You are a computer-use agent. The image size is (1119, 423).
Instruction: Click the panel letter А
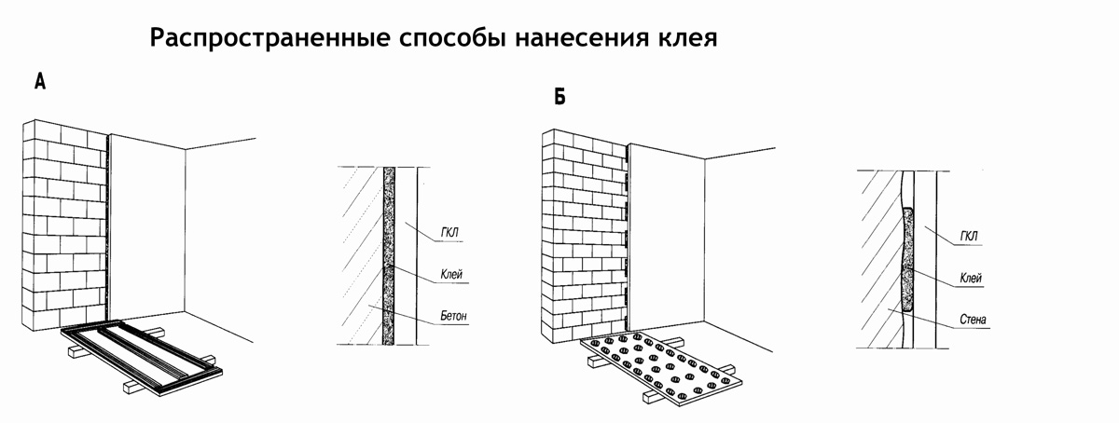pyautogui.click(x=40, y=83)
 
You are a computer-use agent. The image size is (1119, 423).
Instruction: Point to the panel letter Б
pyautogui.click(x=559, y=96)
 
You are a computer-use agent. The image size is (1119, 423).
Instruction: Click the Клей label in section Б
pyautogui.click(x=970, y=279)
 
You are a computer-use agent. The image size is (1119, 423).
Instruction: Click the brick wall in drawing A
pyautogui.click(x=62, y=224)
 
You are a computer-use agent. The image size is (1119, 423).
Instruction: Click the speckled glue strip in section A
pyautogui.click(x=389, y=256)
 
